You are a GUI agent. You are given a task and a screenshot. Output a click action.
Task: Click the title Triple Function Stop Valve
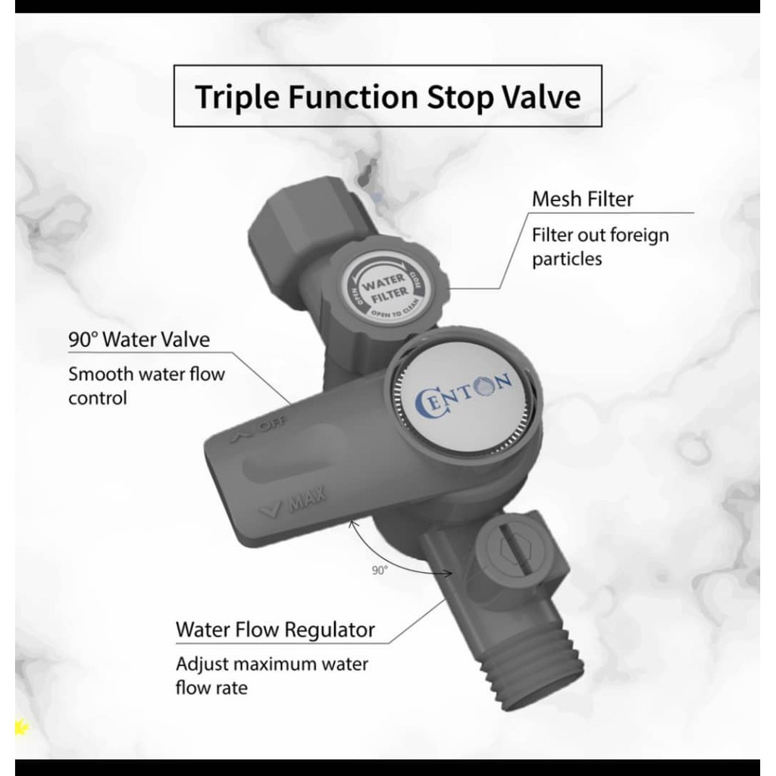[388, 96]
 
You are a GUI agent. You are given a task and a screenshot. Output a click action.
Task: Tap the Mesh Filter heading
[583, 199]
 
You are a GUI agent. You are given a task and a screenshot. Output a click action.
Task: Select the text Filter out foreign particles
[600, 246]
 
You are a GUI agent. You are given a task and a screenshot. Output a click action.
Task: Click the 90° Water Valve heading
[139, 339]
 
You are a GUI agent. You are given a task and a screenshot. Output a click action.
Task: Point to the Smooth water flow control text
[146, 386]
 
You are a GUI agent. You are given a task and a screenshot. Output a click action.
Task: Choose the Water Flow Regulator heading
[275, 630]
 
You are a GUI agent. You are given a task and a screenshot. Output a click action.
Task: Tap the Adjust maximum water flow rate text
[272, 675]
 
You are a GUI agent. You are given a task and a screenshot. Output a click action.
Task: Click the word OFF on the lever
[273, 424]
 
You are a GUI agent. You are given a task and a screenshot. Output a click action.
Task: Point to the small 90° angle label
[380, 571]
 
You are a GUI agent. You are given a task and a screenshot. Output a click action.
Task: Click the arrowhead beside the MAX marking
[271, 508]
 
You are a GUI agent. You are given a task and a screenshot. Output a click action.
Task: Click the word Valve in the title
[542, 96]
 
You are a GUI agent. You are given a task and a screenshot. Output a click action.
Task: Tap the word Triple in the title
[237, 97]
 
